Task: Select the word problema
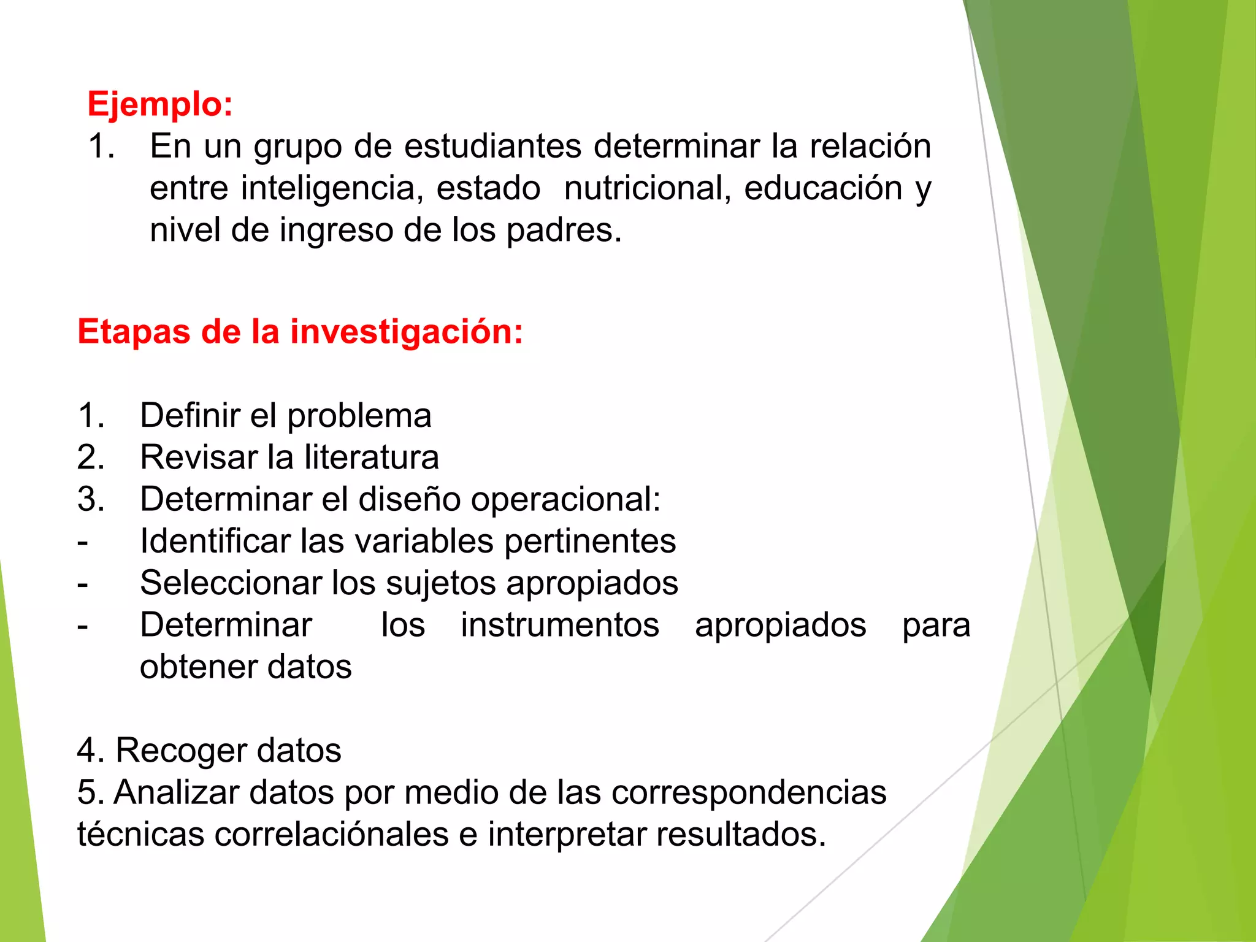(x=359, y=416)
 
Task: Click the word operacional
(x=564, y=499)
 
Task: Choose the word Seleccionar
(x=231, y=583)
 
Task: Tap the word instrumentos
(x=560, y=626)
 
